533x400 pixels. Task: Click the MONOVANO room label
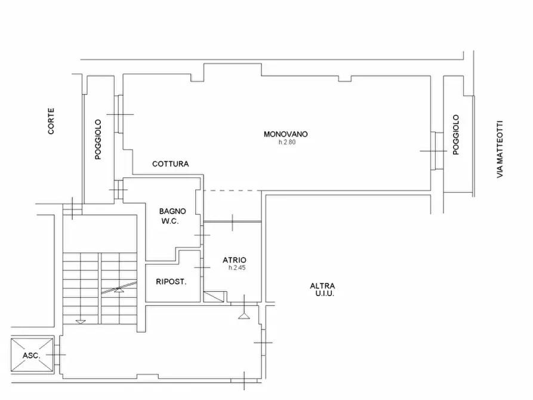(285, 134)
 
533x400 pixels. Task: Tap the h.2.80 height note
(287, 142)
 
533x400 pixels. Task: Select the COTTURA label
(170, 164)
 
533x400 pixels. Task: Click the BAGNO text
(172, 211)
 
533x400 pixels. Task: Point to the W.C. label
(170, 221)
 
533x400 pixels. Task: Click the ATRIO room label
(235, 260)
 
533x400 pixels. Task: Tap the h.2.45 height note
(237, 267)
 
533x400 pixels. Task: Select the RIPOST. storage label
(171, 282)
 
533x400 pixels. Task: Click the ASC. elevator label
(31, 356)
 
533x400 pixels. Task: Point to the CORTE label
(51, 121)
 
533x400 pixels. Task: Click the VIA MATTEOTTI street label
(500, 149)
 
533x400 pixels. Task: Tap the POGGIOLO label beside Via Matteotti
(456, 135)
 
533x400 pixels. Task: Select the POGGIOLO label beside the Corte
(98, 140)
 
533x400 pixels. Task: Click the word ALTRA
(322, 286)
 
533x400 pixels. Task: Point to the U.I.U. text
(325, 294)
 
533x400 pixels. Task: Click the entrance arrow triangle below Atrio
(244, 316)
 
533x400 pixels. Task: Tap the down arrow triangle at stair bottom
(81, 322)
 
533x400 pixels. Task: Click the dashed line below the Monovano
(232, 190)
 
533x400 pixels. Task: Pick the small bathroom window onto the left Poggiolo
(118, 189)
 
